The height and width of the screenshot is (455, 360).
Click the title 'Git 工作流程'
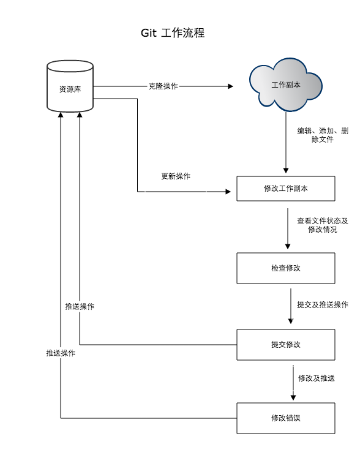pos(173,33)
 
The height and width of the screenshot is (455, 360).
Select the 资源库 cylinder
pos(70,86)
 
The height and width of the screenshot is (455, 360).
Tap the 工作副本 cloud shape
pos(286,85)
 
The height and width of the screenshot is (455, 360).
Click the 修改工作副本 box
pos(286,189)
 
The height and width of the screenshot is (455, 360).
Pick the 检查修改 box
pos(286,268)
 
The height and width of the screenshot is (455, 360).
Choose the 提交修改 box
pos(286,344)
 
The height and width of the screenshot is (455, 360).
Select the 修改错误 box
pos(286,418)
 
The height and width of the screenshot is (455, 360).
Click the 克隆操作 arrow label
pos(163,86)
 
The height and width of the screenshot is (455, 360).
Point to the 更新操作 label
pos(176,176)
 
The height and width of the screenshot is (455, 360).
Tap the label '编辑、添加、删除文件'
pos(323,135)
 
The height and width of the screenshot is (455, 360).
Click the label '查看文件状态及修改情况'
pos(323,225)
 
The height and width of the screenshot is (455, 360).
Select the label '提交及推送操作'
pos(323,305)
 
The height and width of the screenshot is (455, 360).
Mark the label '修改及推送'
pos(317,378)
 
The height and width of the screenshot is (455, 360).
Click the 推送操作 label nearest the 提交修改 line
pos(80,306)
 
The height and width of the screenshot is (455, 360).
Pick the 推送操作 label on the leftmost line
pos(61,353)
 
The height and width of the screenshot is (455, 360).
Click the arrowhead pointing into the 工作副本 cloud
pos(230,86)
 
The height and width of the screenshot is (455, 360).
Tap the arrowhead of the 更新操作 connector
pos(228,192)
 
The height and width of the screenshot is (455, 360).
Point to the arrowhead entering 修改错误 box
pos(293,397)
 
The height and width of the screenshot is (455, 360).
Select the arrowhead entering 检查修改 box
pos(288,246)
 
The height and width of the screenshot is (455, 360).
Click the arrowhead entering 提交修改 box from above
pos(291,322)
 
